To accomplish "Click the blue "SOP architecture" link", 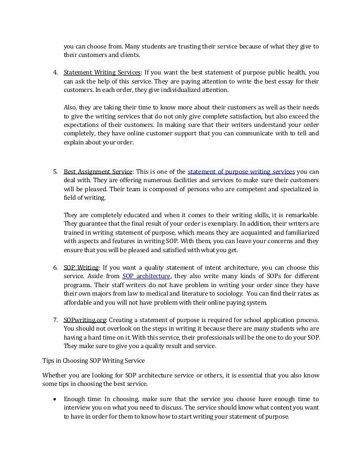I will pos(146,275).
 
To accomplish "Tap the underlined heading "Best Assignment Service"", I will pos(98,171).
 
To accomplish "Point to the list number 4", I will pos(55,72).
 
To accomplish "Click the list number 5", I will pos(55,171).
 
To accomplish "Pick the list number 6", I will pos(55,265).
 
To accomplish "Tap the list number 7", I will pos(55,320).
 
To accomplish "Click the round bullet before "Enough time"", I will pos(54,398).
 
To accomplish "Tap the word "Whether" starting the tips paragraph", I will pos(56,375).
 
